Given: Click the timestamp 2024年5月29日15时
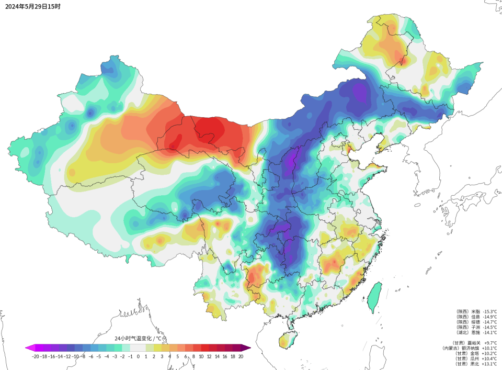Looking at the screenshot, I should click(x=32, y=6).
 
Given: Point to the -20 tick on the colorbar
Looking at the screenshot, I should click(x=36, y=356).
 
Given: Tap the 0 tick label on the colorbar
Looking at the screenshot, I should click(x=138, y=356).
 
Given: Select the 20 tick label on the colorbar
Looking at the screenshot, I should click(x=241, y=356).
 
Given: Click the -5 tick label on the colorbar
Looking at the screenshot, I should click(x=98, y=356).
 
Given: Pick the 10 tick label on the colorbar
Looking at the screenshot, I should click(x=201, y=356).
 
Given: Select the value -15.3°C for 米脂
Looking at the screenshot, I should click(x=489, y=311).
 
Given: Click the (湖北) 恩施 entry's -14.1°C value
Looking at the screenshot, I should click(x=489, y=332).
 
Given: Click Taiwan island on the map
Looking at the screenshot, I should click(x=375, y=296).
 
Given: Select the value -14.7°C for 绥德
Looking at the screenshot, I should click(x=489, y=321).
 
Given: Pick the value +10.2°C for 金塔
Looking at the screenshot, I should click(x=489, y=353).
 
